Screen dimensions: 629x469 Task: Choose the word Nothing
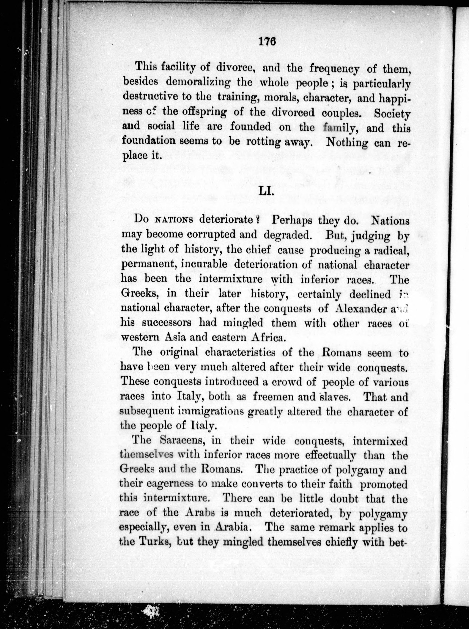pos(347,142)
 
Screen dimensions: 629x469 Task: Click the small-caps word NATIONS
pos(175,220)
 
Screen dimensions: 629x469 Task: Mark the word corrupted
pos(211,235)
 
